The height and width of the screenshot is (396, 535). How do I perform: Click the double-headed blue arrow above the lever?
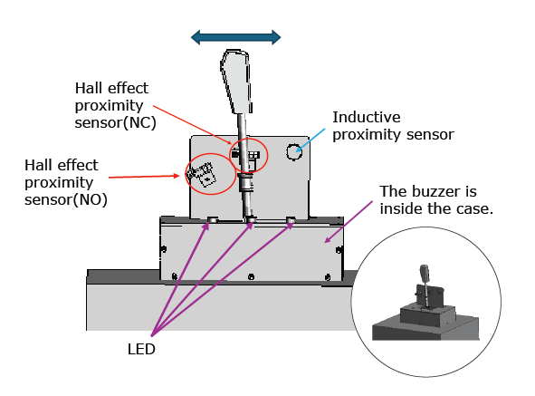point(235,37)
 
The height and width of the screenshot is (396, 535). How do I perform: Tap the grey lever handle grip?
point(236,82)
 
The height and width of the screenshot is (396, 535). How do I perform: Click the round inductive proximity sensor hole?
point(294,151)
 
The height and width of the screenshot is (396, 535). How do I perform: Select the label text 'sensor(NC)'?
point(115,122)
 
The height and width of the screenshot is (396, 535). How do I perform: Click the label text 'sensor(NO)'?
point(66,199)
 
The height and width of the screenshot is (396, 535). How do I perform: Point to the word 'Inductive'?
point(367,117)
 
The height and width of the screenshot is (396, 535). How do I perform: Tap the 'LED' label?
point(141,349)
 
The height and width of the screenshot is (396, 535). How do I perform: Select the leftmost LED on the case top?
point(212,219)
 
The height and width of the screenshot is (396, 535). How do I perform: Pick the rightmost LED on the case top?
point(291,219)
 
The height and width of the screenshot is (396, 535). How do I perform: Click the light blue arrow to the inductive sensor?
point(310,140)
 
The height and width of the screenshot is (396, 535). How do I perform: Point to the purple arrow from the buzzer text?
point(349,222)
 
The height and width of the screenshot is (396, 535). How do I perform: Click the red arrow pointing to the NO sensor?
point(144,177)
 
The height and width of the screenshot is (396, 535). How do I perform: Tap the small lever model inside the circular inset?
point(425,285)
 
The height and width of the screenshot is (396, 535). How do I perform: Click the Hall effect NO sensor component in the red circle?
point(202,174)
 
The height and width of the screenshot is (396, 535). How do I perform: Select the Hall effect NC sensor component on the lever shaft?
point(245,156)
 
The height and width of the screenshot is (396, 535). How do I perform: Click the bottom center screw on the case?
point(251,276)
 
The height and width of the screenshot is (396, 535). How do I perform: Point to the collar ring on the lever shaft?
point(245,176)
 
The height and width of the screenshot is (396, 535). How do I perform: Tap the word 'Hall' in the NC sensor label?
point(89,88)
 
